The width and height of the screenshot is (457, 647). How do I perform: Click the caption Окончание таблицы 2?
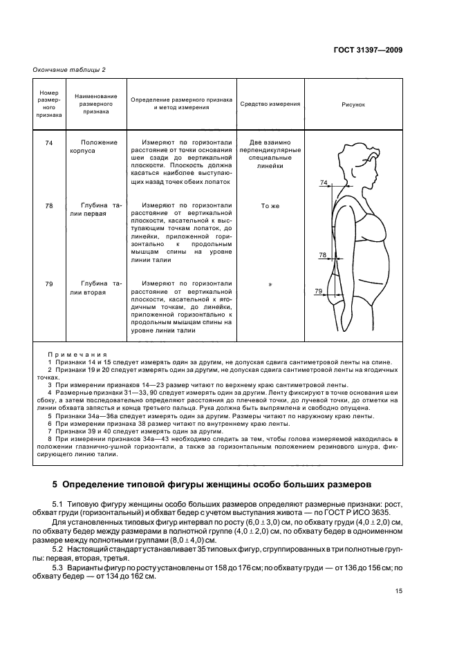pyautogui.click(x=69, y=69)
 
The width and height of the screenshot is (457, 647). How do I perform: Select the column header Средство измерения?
pyautogui.click(x=270, y=104)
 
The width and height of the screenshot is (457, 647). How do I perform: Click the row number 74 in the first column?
pyautogui.click(x=48, y=142)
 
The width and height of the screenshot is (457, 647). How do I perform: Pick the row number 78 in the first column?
pyautogui.click(x=48, y=205)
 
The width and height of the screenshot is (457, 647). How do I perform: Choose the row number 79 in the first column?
pyautogui.click(x=48, y=283)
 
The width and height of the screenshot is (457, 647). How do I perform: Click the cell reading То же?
pyautogui.click(x=270, y=205)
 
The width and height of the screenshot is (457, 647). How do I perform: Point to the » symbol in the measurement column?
pyautogui.click(x=270, y=283)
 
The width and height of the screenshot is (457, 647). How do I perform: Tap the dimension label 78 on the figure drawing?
pyautogui.click(x=321, y=255)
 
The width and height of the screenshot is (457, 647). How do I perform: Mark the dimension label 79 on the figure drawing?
pyautogui.click(x=318, y=291)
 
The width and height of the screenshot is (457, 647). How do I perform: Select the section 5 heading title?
pyautogui.click(x=211, y=483)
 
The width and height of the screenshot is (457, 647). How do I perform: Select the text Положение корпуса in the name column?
pyautogui.click(x=99, y=146)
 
